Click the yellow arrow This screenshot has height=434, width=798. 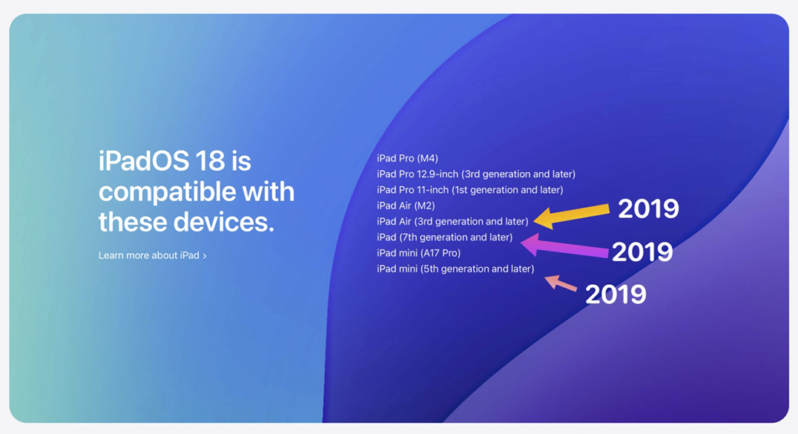(x=571, y=216)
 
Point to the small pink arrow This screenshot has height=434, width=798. (x=561, y=283)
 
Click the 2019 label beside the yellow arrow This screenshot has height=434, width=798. (x=648, y=209)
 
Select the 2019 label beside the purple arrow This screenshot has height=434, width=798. (x=642, y=251)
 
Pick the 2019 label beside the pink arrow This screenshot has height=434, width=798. (x=616, y=295)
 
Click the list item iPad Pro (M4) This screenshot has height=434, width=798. (x=407, y=159)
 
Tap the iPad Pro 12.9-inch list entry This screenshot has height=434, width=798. (x=476, y=174)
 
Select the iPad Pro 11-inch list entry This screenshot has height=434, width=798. (x=469, y=190)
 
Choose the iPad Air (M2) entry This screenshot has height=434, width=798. (x=406, y=206)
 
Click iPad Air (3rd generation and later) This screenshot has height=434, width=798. (x=452, y=222)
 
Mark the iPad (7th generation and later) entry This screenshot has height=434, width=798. (x=444, y=237)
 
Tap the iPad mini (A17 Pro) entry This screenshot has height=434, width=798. (x=418, y=253)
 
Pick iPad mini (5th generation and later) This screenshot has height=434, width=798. (x=455, y=269)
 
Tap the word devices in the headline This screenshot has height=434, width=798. (x=223, y=222)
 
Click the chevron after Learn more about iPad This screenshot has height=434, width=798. (x=205, y=256)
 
